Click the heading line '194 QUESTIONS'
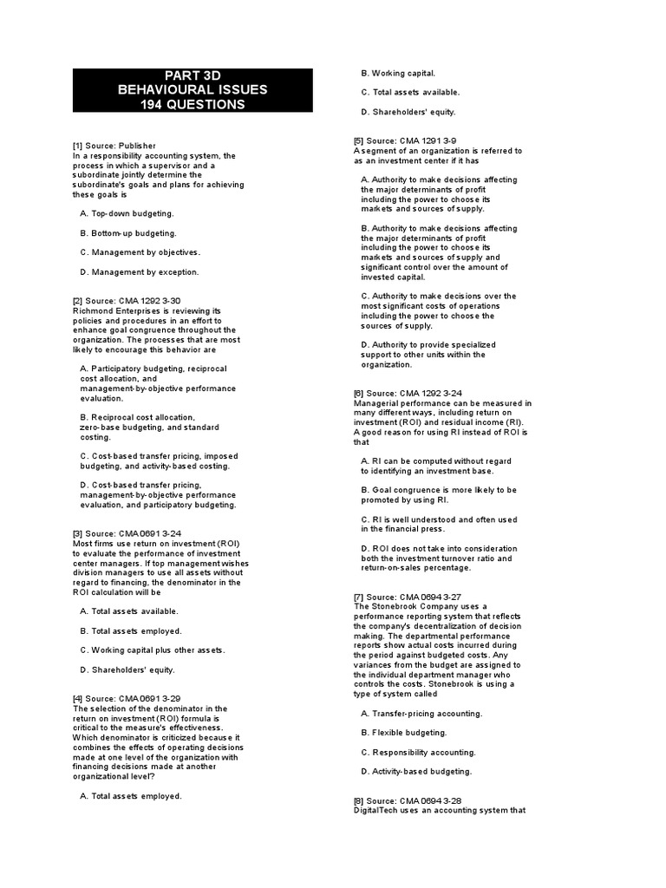[x=193, y=105]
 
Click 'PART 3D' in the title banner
[x=193, y=75]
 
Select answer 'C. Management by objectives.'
[x=140, y=252]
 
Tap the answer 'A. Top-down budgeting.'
[x=127, y=213]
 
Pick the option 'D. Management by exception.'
[x=139, y=272]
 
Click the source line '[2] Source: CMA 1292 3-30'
[x=127, y=301]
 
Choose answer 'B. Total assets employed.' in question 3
[x=131, y=631]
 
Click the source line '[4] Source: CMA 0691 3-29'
[x=127, y=699]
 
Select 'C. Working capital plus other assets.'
[x=152, y=650]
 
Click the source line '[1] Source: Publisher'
[x=114, y=146]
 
